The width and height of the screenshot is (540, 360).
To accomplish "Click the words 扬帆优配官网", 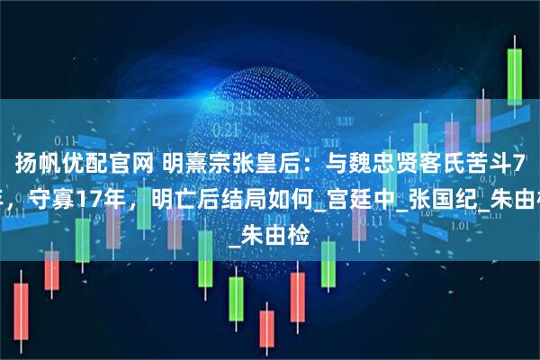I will [71, 163].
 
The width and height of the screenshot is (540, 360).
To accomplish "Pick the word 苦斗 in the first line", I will [449, 163].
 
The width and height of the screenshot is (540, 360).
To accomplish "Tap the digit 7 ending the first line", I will [521, 163].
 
